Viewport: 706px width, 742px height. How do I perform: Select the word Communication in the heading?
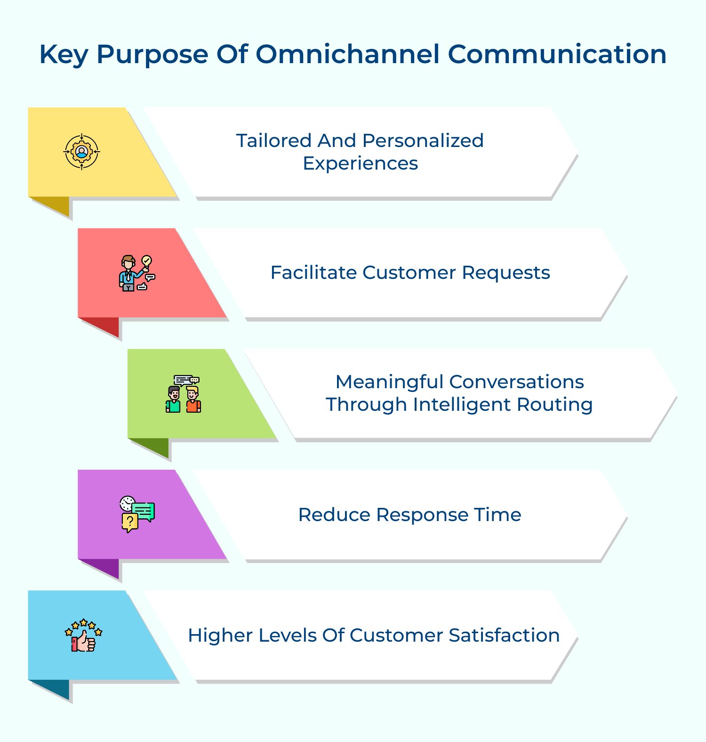[x=557, y=54]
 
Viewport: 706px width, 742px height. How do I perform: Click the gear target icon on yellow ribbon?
[x=82, y=152]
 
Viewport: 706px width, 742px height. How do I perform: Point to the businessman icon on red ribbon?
[x=137, y=273]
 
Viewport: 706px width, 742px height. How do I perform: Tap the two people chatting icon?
[x=184, y=394]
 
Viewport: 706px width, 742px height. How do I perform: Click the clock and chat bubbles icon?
[x=137, y=514]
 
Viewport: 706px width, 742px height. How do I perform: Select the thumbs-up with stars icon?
[x=84, y=635]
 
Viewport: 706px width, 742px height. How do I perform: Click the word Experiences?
[x=361, y=164]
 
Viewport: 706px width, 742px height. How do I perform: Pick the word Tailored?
[x=274, y=140]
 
